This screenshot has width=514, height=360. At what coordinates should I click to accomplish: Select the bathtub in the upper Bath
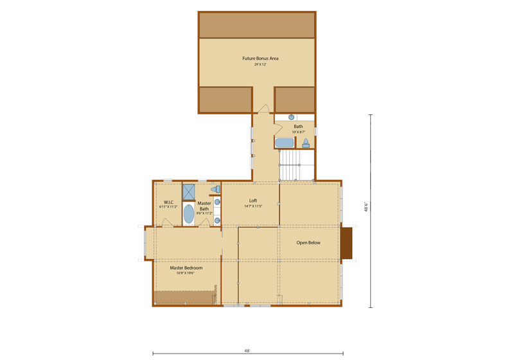(x=285, y=142)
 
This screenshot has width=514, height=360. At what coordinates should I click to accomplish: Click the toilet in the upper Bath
(x=306, y=142)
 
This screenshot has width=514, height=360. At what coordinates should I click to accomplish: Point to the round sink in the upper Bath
(x=291, y=118)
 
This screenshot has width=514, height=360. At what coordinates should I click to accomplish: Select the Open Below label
(x=308, y=243)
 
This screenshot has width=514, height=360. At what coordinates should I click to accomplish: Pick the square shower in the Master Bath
(x=189, y=192)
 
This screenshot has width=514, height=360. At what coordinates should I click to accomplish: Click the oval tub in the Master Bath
(x=189, y=214)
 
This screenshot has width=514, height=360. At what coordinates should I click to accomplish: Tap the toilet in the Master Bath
(x=217, y=189)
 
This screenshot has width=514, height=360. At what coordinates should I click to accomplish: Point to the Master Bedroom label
(x=186, y=268)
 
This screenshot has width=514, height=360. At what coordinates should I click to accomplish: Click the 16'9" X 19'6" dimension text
(x=186, y=273)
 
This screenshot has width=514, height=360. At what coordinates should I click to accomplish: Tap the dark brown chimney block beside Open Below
(x=348, y=242)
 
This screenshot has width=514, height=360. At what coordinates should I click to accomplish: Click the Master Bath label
(x=204, y=206)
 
